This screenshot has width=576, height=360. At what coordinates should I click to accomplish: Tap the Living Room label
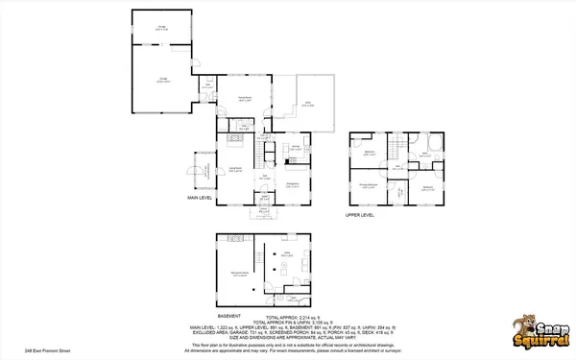coord(233,170)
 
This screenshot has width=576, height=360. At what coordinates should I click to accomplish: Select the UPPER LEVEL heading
coord(359,216)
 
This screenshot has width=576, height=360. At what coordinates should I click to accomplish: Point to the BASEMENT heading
coord(228,315)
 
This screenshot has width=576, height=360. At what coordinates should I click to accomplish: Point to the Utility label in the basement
coord(286,253)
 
